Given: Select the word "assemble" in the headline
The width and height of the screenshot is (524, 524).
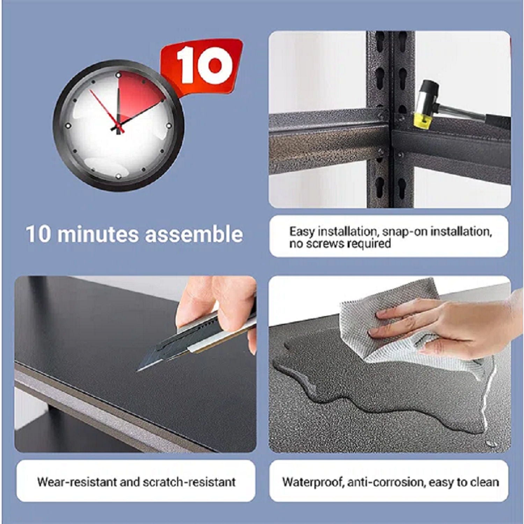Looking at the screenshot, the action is click(x=194, y=234).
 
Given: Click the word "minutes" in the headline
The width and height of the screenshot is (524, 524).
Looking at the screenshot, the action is click(x=98, y=234).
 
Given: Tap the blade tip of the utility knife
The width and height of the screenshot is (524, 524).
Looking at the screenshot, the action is click(x=137, y=371).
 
